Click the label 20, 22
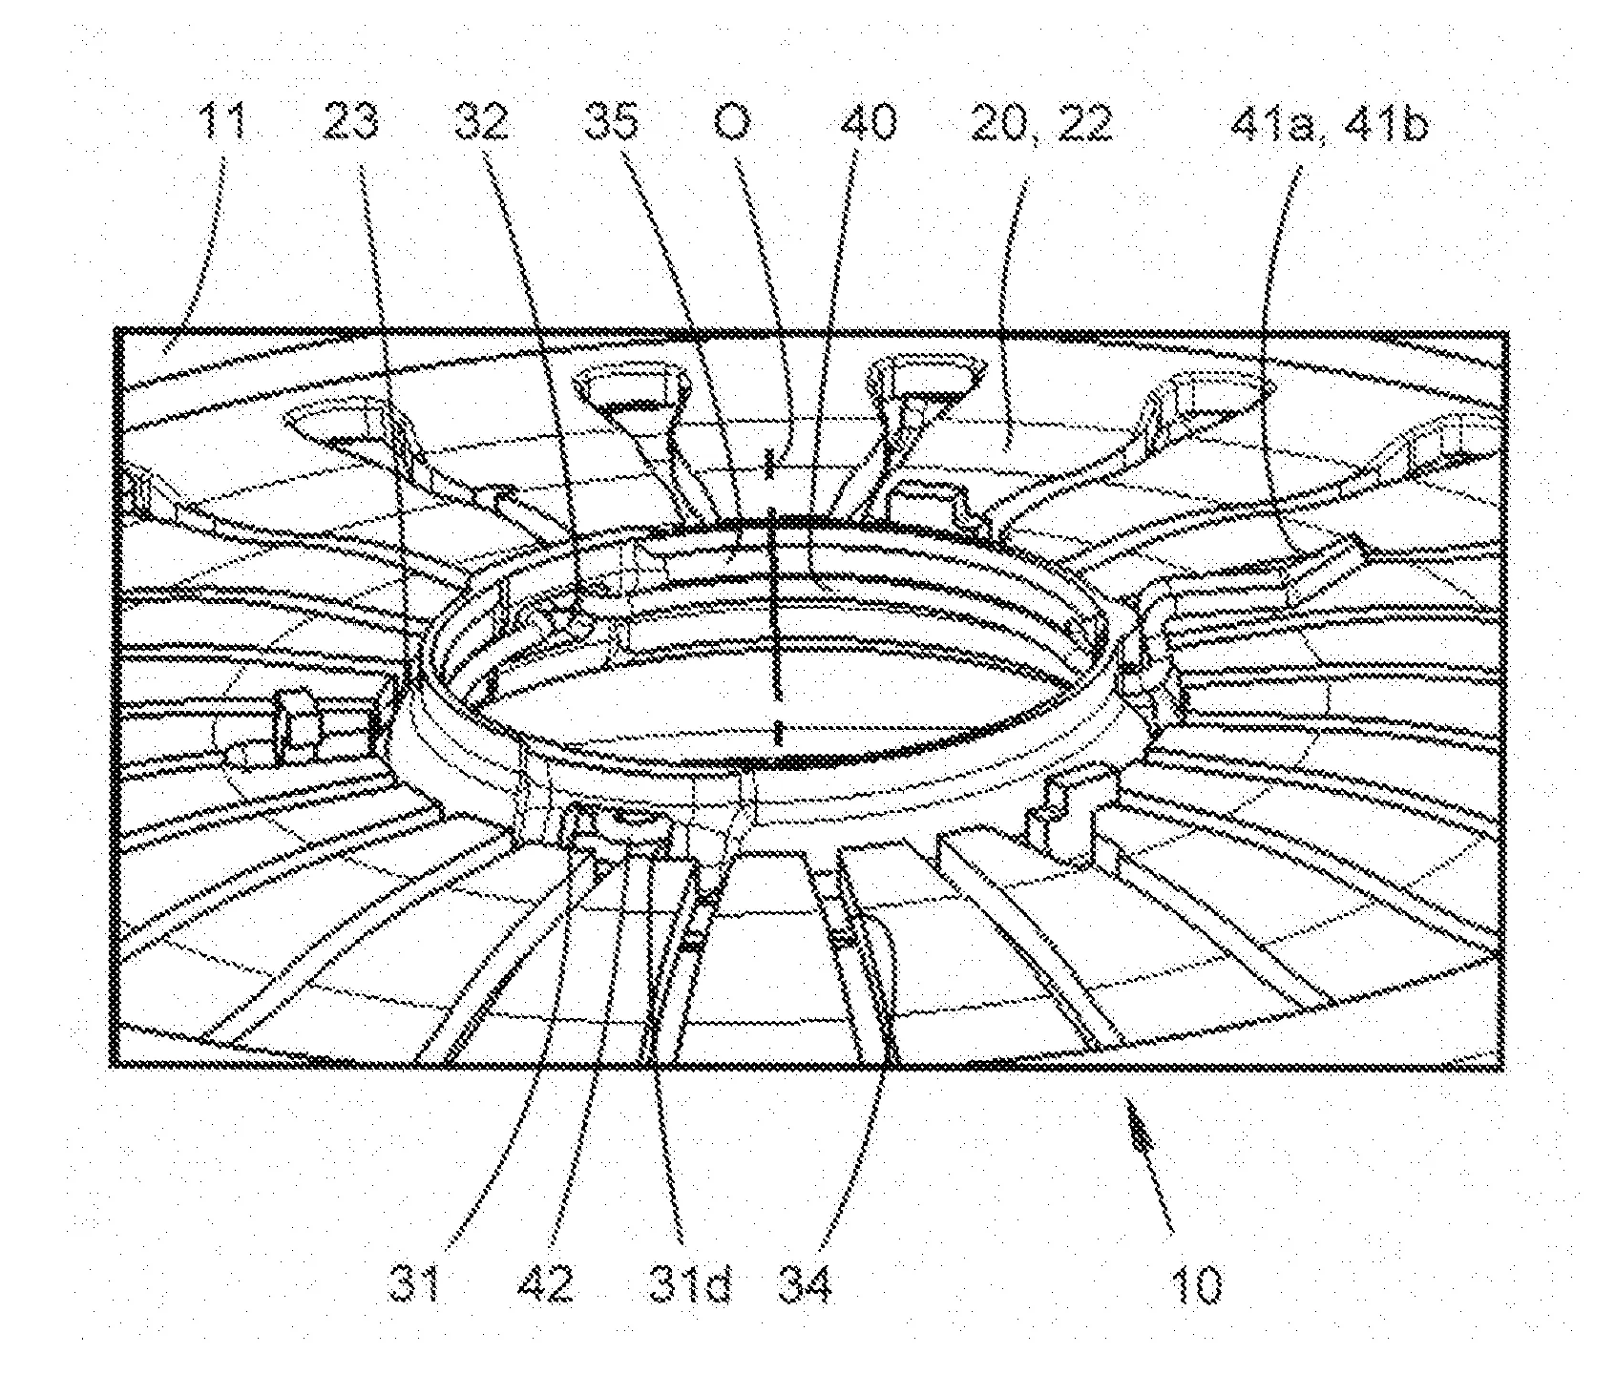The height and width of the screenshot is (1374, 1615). click(1041, 124)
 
